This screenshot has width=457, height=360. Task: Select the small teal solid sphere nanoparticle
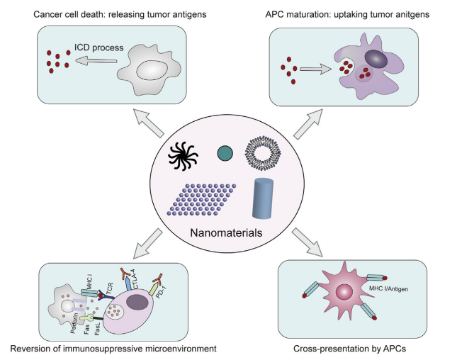225,152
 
